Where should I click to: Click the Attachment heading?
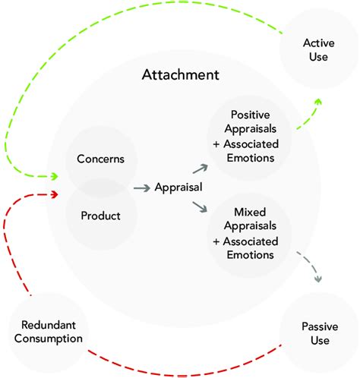181,75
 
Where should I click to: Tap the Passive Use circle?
314,333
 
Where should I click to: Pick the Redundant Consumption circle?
45,331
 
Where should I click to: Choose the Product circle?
101,215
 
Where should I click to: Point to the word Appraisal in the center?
178,186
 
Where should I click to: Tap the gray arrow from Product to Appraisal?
141,187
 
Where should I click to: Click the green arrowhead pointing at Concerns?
54,176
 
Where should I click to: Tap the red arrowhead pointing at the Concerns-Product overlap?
54,194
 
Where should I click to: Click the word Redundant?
45,323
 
